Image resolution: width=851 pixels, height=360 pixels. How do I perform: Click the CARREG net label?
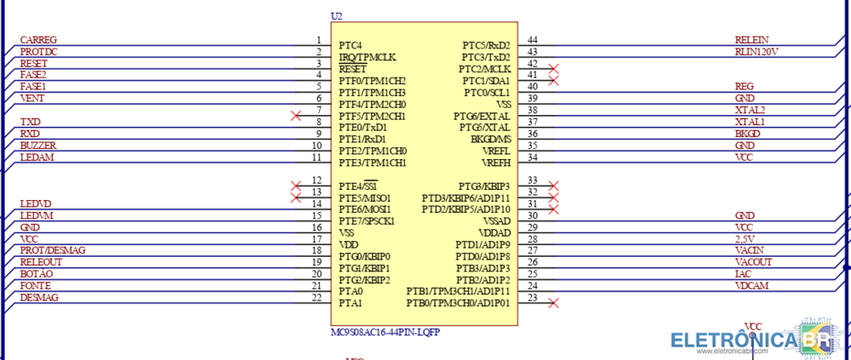[x=37, y=40]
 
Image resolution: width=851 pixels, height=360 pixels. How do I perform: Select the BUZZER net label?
[x=37, y=146]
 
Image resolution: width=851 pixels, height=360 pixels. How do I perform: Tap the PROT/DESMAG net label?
[x=52, y=251]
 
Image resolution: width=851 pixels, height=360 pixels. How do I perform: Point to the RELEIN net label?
[x=751, y=40]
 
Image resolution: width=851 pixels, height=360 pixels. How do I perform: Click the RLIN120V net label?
[x=757, y=52]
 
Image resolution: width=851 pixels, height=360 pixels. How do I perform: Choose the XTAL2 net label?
[x=750, y=110]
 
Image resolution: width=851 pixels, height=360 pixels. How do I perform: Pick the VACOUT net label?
[x=753, y=262]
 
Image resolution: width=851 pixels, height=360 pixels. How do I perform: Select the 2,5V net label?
[x=745, y=239]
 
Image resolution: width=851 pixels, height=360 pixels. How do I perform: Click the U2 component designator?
[x=336, y=17]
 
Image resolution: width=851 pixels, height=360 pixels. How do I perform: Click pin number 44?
[x=533, y=40]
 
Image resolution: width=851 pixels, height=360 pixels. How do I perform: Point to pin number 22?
[x=317, y=297]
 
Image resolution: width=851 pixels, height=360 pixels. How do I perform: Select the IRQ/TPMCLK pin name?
[x=367, y=57]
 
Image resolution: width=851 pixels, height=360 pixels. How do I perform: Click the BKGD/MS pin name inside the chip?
[x=491, y=139]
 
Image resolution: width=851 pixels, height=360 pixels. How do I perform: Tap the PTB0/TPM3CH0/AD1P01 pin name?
[x=458, y=303]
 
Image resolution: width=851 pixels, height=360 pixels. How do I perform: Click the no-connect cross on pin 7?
[x=295, y=115]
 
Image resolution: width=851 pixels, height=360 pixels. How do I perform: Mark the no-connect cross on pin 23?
[x=554, y=302]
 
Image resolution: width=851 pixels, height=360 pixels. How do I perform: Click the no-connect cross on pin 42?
[x=554, y=68]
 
